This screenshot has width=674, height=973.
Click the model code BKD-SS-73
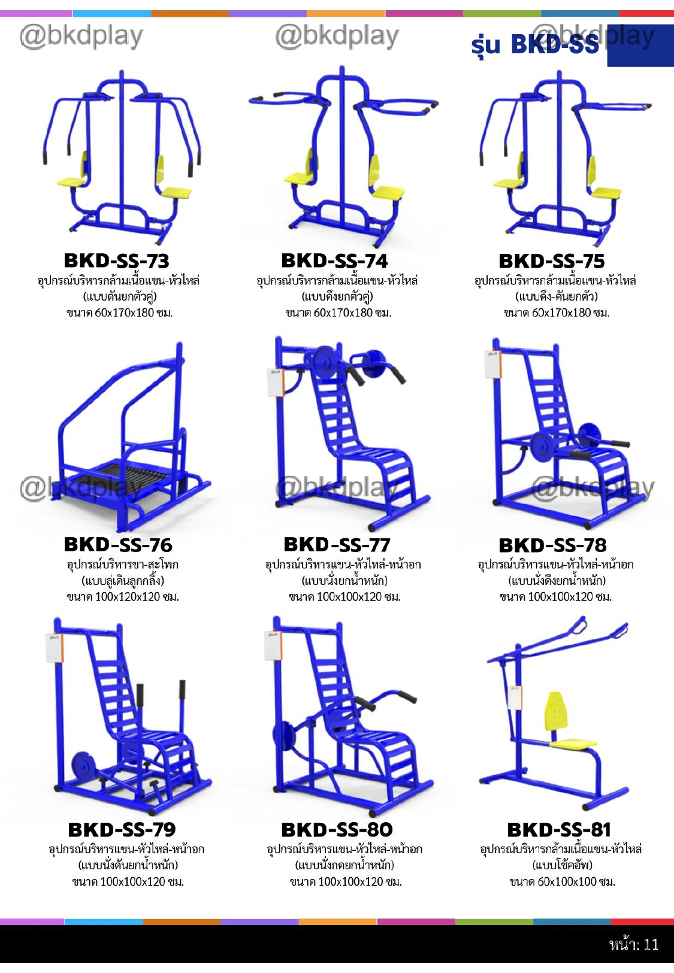point(116,260)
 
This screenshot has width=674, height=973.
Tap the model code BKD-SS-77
point(337,544)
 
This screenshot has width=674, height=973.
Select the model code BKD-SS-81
point(558,829)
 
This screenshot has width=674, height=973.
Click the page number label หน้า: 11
point(633,944)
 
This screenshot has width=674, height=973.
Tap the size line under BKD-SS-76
point(123,596)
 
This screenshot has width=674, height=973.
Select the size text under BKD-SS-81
point(562,881)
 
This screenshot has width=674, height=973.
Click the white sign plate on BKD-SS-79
point(54,648)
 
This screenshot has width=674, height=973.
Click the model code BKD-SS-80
point(337,829)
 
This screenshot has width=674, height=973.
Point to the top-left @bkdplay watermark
point(81,36)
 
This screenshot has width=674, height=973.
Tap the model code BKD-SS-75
point(551,261)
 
